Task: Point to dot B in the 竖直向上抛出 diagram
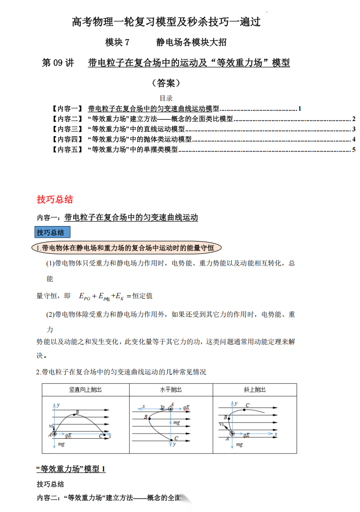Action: (x=77, y=413)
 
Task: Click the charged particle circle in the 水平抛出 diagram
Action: (x=170, y=409)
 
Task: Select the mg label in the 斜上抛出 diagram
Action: (x=239, y=445)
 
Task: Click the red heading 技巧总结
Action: (x=55, y=199)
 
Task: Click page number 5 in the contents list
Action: (x=354, y=149)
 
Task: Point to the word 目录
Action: (x=166, y=98)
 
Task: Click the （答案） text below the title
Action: (x=166, y=82)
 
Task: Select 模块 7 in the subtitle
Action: (x=118, y=42)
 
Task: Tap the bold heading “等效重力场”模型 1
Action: (x=71, y=469)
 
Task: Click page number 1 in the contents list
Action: (x=300, y=108)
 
